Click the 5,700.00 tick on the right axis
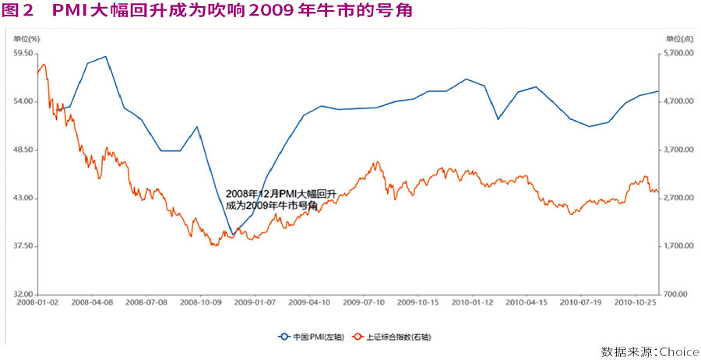(677, 53)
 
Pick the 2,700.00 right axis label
(677, 198)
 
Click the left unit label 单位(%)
(26, 38)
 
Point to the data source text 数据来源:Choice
(650, 351)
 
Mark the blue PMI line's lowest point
(231, 235)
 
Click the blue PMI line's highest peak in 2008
(106, 56)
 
